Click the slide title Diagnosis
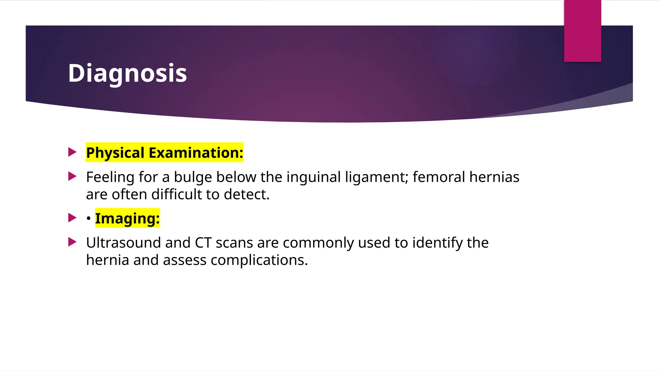tap(127, 73)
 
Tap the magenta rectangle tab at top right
tap(582, 31)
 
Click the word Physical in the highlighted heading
tap(115, 153)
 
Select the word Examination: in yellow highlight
tap(196, 153)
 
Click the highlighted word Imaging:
tap(127, 218)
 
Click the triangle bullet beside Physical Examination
tap(72, 152)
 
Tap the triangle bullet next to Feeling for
tap(72, 176)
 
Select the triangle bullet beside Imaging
tap(72, 218)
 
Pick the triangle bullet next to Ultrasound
tap(72, 242)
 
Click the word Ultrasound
tap(123, 243)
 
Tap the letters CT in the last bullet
tap(203, 243)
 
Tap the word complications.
tap(259, 260)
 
